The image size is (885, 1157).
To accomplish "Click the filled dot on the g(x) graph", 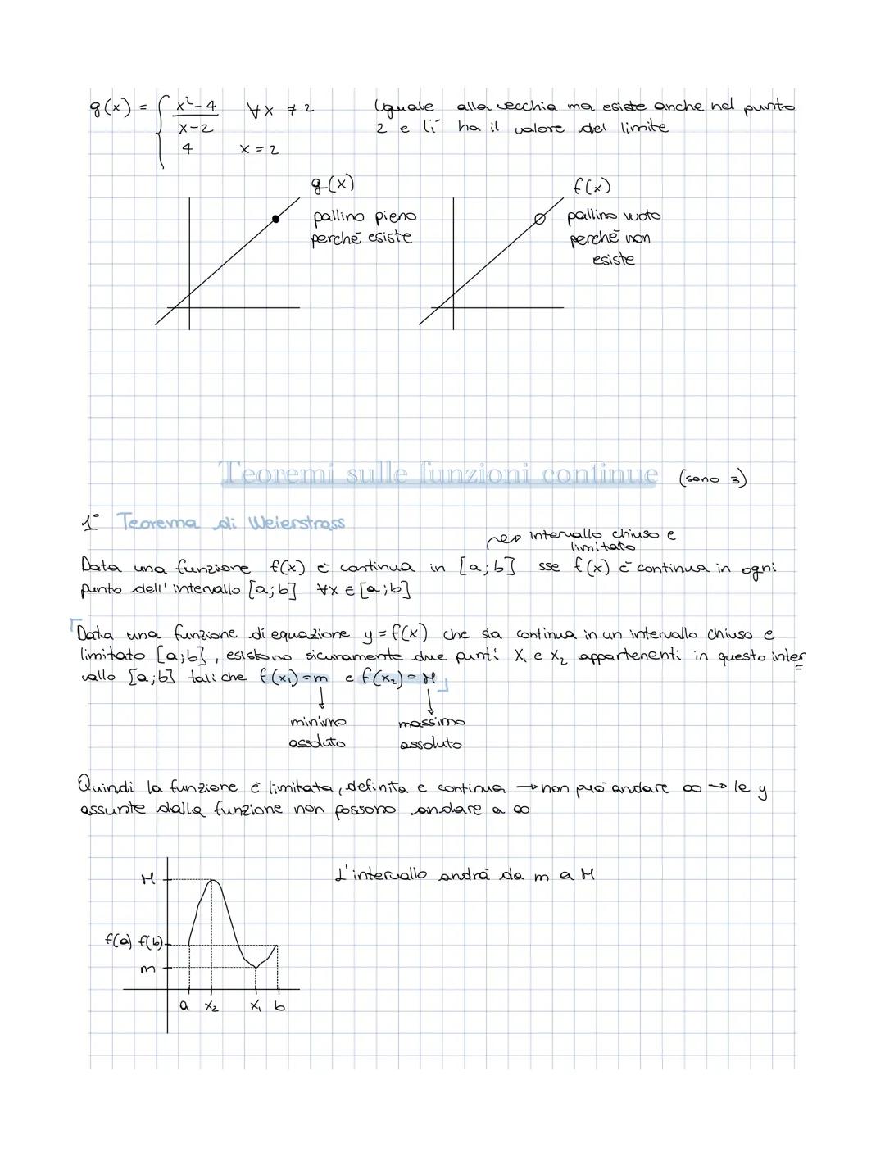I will coord(275,219).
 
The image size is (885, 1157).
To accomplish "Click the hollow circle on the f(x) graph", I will coord(539,219).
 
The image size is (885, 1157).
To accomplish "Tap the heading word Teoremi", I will coord(278,473).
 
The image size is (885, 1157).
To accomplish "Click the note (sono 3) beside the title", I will coord(712,479).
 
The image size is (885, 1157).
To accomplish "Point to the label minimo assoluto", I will coord(317,733).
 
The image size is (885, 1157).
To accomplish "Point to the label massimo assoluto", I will coord(431,733).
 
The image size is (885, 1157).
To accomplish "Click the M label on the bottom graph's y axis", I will coord(147,879).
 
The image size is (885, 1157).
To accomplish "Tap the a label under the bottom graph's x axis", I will coord(184,1005).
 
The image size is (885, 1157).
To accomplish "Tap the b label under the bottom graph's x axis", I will coord(279,1005).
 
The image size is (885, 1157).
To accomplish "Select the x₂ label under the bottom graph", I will coord(211,1005).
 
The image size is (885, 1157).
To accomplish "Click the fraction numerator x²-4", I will coord(197,107).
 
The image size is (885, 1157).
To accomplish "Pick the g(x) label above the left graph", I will coord(332,184).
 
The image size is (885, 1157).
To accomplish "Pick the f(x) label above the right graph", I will coord(591,187).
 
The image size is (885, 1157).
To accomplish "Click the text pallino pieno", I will coord(365,217).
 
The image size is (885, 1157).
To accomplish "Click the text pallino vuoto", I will coord(614,216).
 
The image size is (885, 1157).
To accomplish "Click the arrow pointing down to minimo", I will coord(320,699).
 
